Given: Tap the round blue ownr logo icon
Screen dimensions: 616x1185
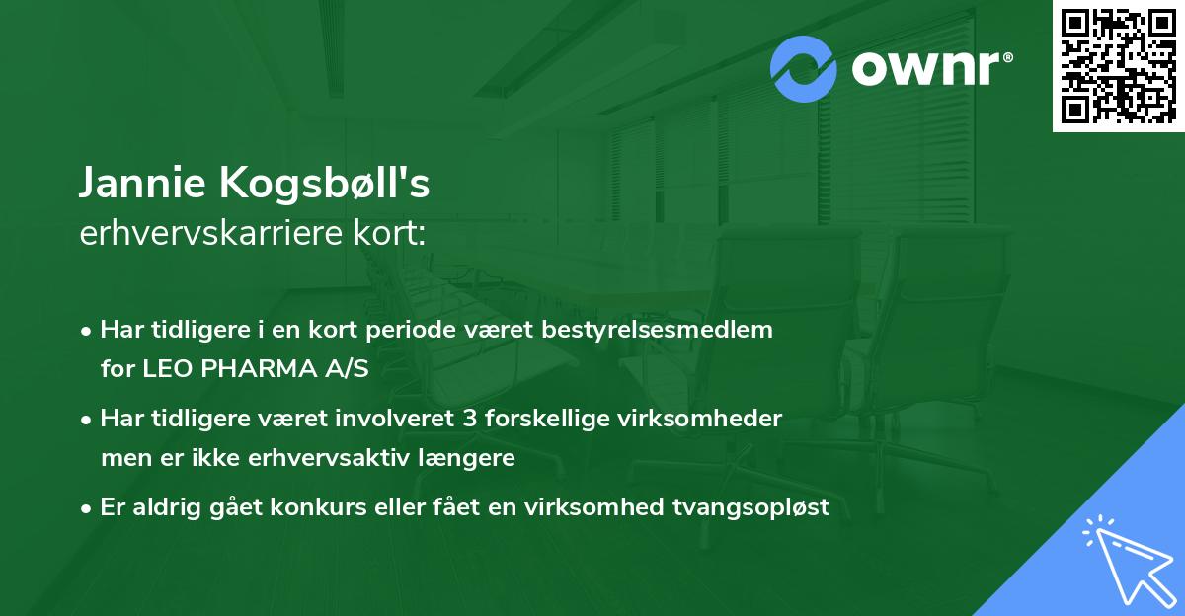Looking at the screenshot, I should pyautogui.click(x=804, y=68).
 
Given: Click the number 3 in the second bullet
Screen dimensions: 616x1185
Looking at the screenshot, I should pyautogui.click(x=468, y=419).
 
